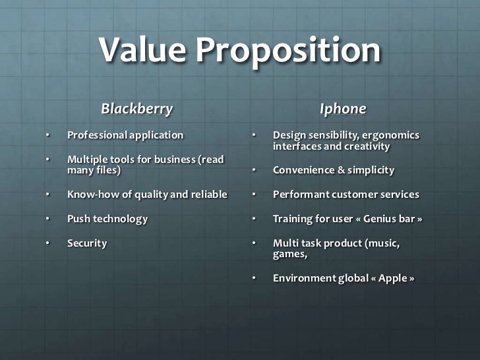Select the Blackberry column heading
[136, 109]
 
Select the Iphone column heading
[343, 109]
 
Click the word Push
[78, 219]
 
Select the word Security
[87, 243]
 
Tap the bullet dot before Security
[47, 243]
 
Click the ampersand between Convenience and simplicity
[342, 170]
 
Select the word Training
[293, 219]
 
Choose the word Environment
[304, 278]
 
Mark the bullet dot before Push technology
[47, 219]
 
